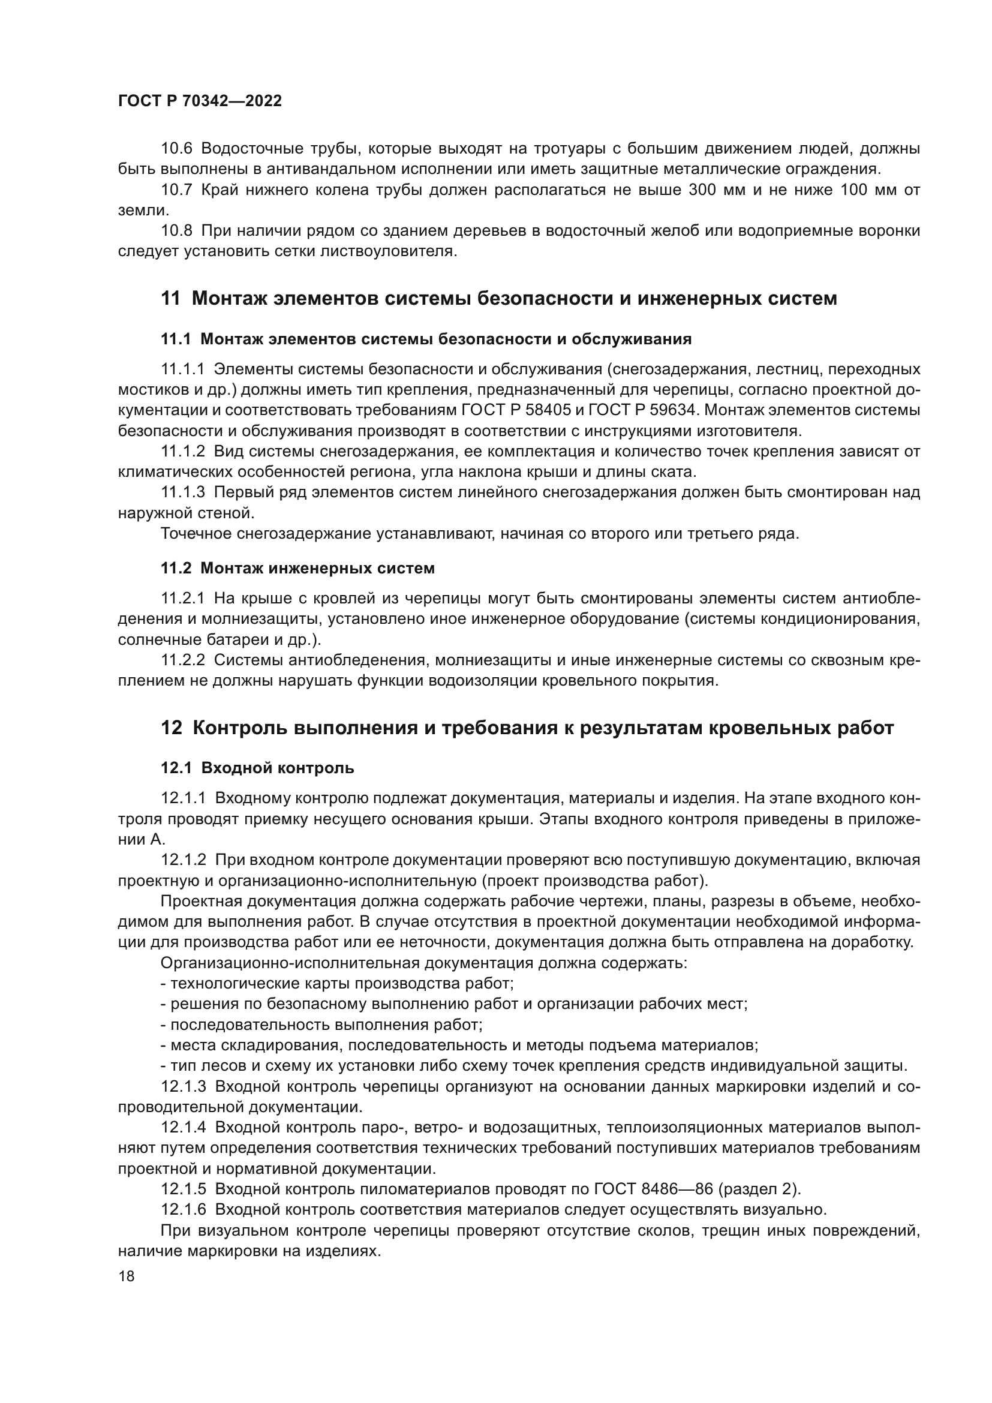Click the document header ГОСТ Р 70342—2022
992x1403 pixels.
[200, 101]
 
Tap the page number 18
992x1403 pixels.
[127, 1276]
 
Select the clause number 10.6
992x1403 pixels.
[176, 149]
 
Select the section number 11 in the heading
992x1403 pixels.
[170, 299]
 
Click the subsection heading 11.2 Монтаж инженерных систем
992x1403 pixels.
[297, 568]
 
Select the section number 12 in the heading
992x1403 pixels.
[171, 728]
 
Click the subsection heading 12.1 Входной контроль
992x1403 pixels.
[257, 768]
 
